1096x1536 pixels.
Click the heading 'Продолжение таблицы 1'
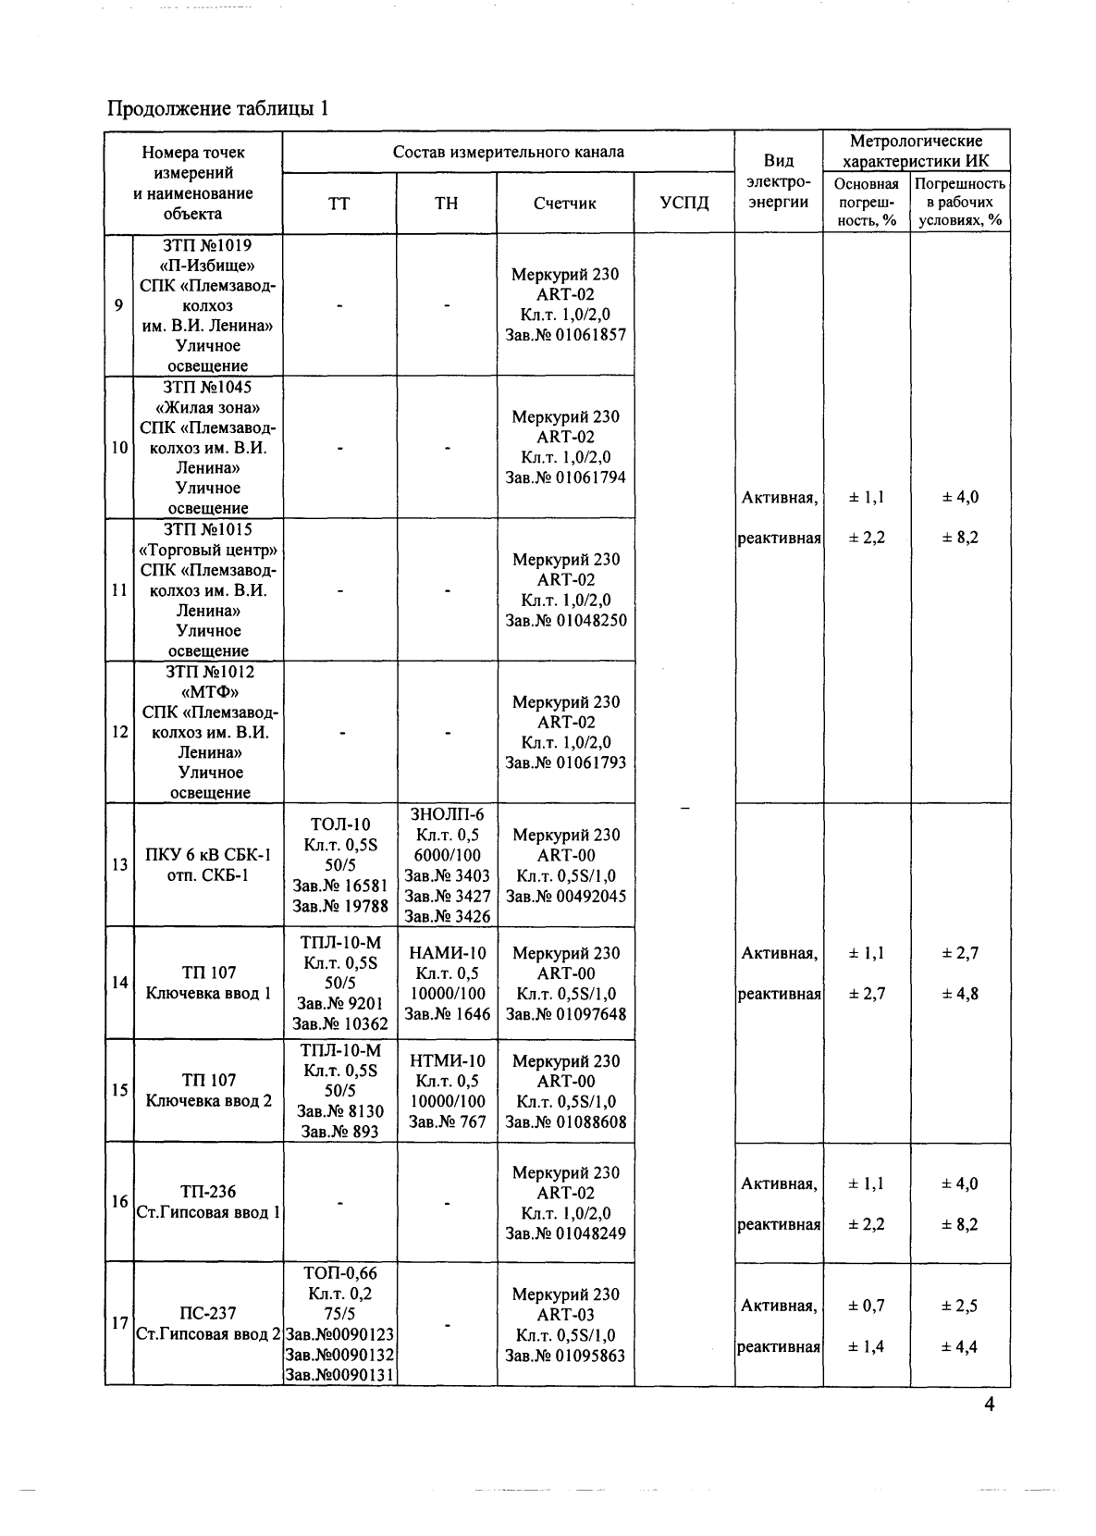(217, 109)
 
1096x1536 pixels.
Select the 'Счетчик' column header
(564, 204)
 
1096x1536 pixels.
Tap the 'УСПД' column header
(684, 204)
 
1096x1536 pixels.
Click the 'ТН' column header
(446, 204)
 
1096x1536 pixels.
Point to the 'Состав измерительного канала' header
(508, 152)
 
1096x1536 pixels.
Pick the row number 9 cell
(119, 305)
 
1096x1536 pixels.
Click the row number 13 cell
(119, 865)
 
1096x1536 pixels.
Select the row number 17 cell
(119, 1323)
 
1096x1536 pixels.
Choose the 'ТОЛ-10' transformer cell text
(339, 824)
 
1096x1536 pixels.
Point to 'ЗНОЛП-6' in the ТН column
(447, 814)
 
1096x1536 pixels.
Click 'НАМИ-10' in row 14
(447, 953)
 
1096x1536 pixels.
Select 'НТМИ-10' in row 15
(447, 1060)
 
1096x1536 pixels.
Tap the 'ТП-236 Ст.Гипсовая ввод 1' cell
(208, 1202)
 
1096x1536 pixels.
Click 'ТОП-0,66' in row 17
(339, 1273)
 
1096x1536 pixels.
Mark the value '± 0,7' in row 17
(867, 1306)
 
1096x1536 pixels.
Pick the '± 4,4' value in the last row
(960, 1346)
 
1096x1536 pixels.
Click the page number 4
(989, 1405)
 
